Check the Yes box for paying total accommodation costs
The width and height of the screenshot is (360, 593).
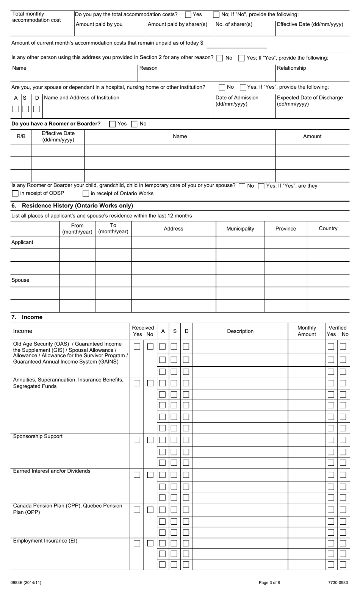point(188,15)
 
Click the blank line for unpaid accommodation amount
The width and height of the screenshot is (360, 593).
point(236,44)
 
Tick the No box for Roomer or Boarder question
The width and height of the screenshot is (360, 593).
point(134,124)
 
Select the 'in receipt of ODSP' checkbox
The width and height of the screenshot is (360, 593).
point(15,193)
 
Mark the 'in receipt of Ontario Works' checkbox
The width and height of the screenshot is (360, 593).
point(86,194)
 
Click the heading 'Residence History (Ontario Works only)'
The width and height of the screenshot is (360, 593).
point(77,206)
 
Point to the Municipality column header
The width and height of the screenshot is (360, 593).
point(240,229)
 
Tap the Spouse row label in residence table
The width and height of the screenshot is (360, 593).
point(20,280)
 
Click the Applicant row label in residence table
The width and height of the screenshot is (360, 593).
point(22,242)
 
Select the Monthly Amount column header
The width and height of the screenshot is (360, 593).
point(307,331)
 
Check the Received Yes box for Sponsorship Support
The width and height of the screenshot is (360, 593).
point(137,440)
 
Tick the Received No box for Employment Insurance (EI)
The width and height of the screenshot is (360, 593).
point(150,543)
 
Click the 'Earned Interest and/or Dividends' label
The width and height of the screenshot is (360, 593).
point(52,471)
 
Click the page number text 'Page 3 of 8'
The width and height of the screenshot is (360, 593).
point(269,583)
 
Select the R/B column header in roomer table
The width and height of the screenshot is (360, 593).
point(21,136)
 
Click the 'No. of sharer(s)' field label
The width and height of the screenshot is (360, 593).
point(234,24)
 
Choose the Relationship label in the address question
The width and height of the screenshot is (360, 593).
point(291,68)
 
